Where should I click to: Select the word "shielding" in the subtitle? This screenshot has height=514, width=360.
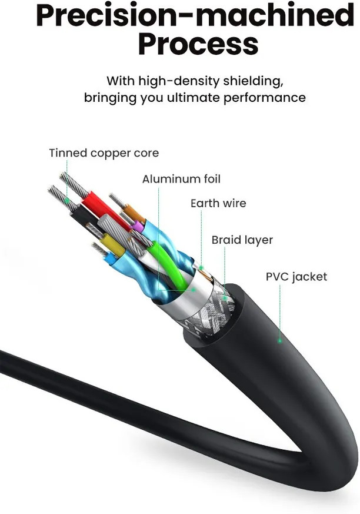[x=253, y=81]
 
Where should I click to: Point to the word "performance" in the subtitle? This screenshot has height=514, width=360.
[x=265, y=98]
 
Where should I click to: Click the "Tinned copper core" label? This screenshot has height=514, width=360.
[x=104, y=153]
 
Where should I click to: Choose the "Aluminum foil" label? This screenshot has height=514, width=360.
[x=181, y=179]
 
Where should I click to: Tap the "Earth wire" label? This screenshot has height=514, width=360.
[x=218, y=203]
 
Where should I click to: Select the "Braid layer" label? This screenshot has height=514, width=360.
[x=242, y=240]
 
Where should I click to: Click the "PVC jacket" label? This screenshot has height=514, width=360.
[x=296, y=277]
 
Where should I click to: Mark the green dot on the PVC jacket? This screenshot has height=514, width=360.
[x=280, y=341]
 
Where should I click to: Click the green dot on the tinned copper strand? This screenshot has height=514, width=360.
[x=67, y=200]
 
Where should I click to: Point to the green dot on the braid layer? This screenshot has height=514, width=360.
[x=225, y=298]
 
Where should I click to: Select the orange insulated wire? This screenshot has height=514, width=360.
[x=134, y=213]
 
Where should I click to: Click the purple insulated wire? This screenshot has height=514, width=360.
[x=138, y=226]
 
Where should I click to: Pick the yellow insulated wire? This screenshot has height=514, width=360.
[x=112, y=245]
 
